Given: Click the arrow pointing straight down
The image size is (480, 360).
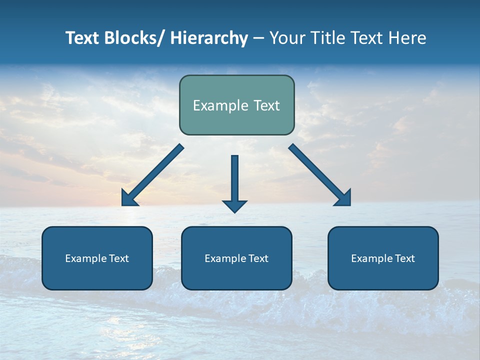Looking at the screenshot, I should click(x=234, y=180).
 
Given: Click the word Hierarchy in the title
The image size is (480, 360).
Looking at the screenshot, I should click(x=209, y=38).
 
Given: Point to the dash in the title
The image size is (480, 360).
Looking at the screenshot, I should click(x=258, y=38).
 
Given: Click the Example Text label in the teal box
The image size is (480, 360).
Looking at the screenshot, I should click(x=236, y=105).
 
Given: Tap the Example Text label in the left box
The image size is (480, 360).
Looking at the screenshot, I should click(x=97, y=258).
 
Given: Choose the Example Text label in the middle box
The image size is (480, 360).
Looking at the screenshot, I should click(x=236, y=258).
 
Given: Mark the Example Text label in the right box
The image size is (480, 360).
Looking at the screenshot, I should click(x=383, y=258).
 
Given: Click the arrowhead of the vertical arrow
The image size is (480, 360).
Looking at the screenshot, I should click(x=234, y=206).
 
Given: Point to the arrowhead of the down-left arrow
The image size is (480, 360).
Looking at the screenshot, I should click(x=128, y=198).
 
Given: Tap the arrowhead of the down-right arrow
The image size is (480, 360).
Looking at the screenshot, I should click(x=344, y=198).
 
